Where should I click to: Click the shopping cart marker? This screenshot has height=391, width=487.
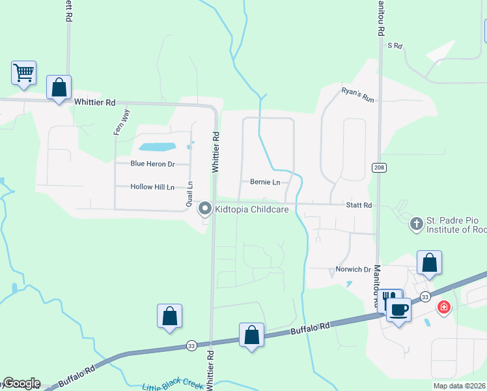(23, 72)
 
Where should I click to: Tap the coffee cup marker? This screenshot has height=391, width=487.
(398, 309)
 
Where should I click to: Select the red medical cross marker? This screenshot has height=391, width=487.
(444, 306)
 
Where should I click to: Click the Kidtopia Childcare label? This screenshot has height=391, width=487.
(252, 209)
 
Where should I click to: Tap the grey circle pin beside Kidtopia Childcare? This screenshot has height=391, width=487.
(205, 209)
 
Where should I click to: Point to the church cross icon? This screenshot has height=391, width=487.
(415, 224)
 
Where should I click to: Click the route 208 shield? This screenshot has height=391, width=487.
(379, 167)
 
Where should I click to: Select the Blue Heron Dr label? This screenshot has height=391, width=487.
(153, 164)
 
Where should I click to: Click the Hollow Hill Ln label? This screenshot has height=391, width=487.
(152, 187)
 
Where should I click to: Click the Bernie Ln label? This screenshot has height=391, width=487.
(265, 182)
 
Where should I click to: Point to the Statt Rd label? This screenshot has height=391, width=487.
(359, 205)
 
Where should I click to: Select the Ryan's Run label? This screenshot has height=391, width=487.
(359, 94)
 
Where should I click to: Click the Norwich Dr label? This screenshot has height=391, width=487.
(353, 269)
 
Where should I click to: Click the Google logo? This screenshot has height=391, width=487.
(21, 383)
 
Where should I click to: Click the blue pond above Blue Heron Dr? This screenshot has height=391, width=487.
(157, 147)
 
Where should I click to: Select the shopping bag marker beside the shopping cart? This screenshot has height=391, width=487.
(59, 87)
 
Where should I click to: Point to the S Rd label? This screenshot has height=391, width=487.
(395, 46)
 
